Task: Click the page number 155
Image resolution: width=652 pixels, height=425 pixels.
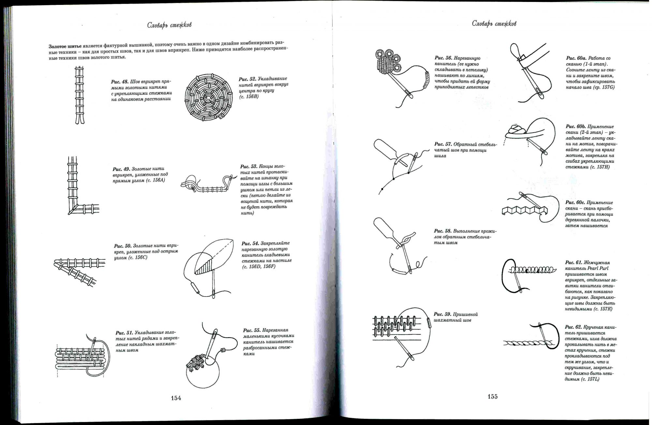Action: coord(493,397)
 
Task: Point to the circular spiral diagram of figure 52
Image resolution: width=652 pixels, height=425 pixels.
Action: coord(209,97)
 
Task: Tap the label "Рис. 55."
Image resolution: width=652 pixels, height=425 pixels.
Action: coord(252,330)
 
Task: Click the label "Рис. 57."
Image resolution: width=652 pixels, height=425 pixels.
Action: coord(443,144)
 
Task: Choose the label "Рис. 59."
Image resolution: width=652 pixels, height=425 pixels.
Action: coord(442,314)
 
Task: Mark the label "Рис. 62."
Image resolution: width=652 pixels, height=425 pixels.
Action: coord(574,327)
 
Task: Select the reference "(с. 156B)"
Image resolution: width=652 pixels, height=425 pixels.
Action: coord(249,96)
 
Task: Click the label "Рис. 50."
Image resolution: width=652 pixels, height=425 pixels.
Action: coord(123,246)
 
